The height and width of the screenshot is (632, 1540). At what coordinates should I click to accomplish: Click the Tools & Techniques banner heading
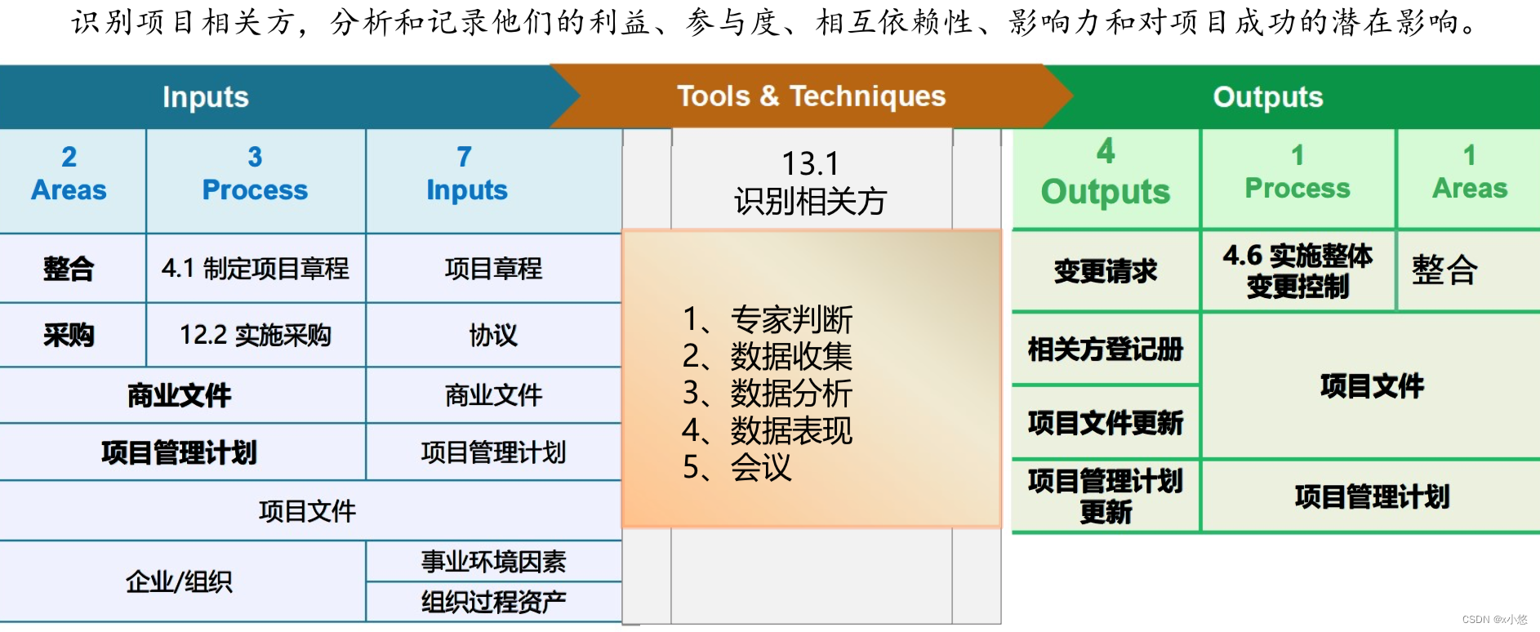(811, 96)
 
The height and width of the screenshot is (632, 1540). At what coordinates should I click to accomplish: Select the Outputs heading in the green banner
(1267, 97)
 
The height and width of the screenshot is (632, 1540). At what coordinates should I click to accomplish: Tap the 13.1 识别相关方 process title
(810, 182)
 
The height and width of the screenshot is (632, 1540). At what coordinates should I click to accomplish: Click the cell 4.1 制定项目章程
(255, 269)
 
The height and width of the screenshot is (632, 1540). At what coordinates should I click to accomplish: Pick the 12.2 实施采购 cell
(255, 335)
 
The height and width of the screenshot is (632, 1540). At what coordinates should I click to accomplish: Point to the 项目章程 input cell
(493, 269)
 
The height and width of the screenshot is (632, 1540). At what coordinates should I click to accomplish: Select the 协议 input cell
(493, 335)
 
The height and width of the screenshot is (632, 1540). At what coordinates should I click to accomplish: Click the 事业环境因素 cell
(493, 561)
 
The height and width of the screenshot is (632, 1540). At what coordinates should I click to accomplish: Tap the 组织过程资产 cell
(493, 602)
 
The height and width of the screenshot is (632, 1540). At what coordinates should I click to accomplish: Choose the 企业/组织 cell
(179, 581)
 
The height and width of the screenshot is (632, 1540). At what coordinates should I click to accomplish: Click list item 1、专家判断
(767, 319)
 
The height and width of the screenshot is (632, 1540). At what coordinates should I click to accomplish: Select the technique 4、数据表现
(767, 430)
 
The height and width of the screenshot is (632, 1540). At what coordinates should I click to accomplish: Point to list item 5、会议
(737, 467)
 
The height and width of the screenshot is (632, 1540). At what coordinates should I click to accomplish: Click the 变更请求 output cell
(1105, 271)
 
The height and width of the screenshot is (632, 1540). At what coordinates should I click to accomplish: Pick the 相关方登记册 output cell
(1105, 349)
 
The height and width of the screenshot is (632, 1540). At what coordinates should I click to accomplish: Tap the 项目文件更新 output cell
(1105, 422)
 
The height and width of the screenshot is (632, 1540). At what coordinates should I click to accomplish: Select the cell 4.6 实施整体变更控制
(1297, 271)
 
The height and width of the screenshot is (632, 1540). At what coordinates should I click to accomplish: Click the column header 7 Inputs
(466, 174)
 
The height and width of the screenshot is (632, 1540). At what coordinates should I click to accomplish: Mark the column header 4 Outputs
(1105, 173)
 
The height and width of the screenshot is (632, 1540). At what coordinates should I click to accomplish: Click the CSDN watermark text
(1493, 620)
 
